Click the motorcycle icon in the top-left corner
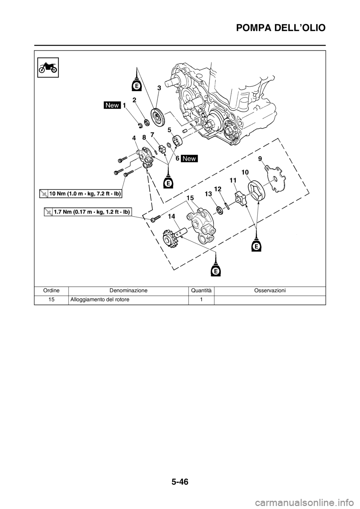(48, 67)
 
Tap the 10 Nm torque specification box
(82, 193)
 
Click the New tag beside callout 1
(112, 106)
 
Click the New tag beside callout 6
(189, 159)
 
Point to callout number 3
(159, 88)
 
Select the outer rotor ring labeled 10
(257, 190)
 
